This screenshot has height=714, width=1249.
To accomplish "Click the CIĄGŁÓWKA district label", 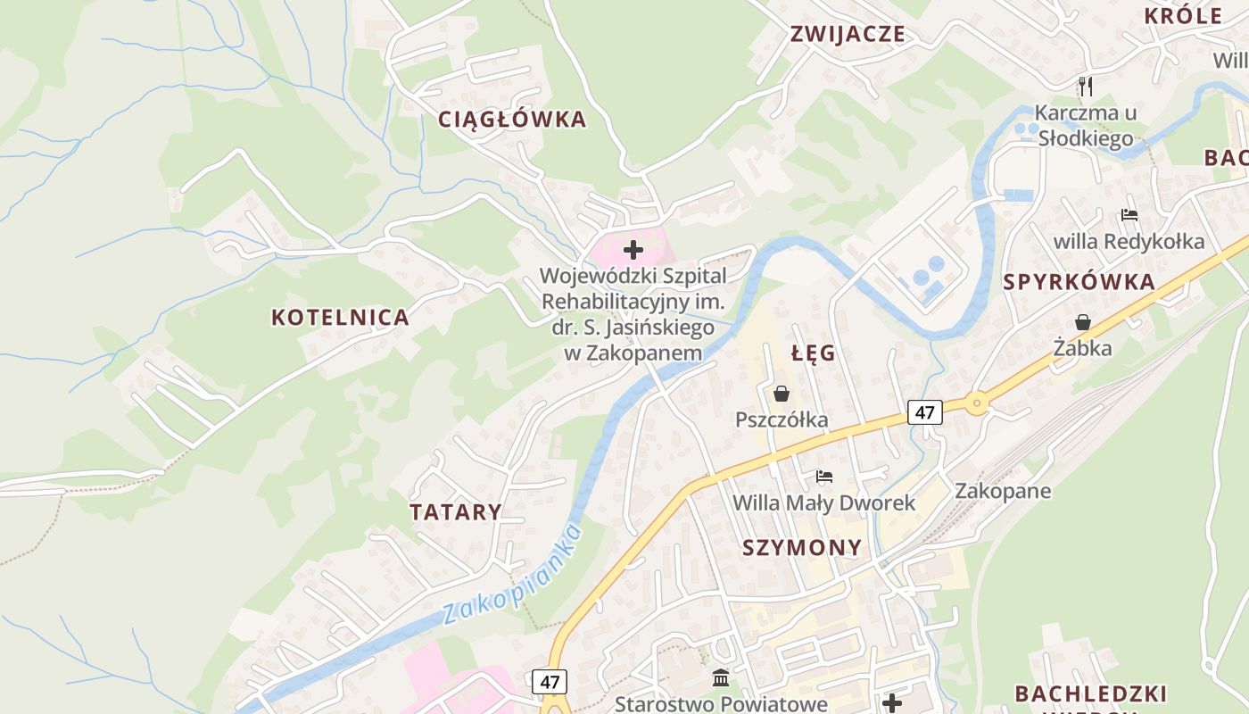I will point(512,120).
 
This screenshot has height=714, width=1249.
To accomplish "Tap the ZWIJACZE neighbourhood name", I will point(848,35).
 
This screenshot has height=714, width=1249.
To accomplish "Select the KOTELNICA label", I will point(340,318).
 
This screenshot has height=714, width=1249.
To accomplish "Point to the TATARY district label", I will point(455,512).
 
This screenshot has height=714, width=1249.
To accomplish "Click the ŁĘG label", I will point(813,353).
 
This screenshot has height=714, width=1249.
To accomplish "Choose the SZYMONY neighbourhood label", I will point(802,548).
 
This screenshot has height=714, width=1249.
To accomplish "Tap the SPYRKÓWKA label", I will point(1079,282).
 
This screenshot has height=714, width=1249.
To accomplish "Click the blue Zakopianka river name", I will point(512,576).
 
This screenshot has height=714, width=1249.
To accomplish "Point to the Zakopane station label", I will point(1003,491).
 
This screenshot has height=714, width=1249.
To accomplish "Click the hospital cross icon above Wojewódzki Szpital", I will point(633,250).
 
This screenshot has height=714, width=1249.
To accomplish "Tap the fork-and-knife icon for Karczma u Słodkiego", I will point(1085,87).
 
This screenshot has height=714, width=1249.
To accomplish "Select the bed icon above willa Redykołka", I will point(1129,215).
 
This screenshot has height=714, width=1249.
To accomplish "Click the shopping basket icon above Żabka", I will point(1082,322).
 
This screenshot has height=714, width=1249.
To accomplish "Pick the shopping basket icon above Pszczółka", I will point(782,394).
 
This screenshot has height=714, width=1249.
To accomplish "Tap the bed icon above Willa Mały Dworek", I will point(823,477).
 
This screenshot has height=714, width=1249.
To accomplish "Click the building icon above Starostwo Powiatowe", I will point(721,678).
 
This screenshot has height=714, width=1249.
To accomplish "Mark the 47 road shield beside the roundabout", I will point(925,412).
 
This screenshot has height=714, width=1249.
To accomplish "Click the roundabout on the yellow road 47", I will point(977,404).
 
